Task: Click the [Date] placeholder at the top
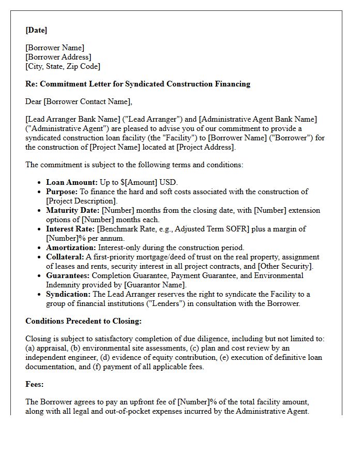(x=36, y=31)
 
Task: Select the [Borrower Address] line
(x=58, y=57)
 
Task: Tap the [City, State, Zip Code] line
(x=63, y=66)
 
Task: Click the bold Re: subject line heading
(x=138, y=83)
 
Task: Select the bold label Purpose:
(x=62, y=192)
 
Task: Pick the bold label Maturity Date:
(x=73, y=211)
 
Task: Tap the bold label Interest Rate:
(x=71, y=229)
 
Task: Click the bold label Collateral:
(x=65, y=257)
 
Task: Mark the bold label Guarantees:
(x=67, y=275)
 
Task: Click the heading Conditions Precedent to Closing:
(x=83, y=321)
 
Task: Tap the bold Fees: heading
(x=35, y=385)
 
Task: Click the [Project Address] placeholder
(x=205, y=147)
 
